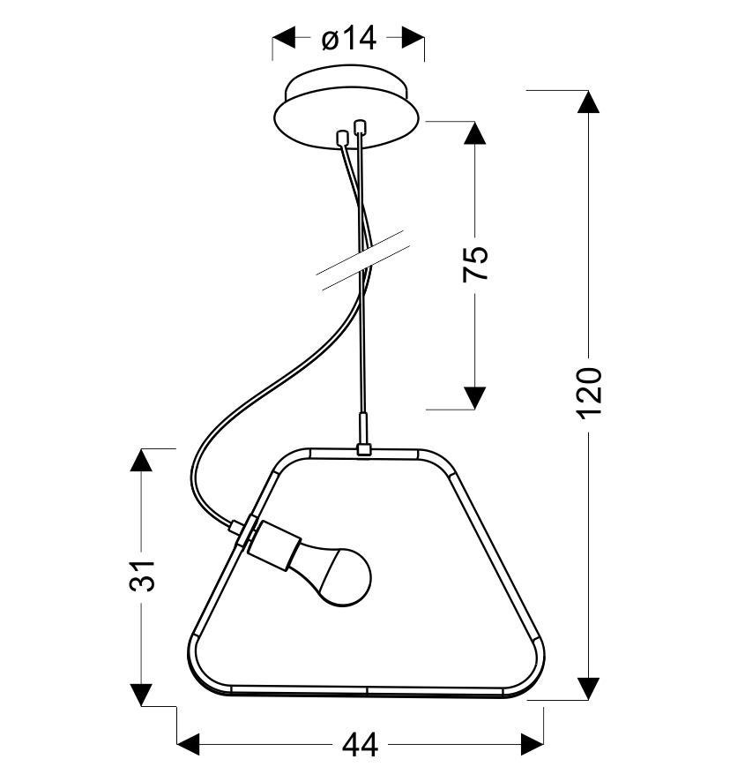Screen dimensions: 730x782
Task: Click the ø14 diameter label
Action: [349, 39]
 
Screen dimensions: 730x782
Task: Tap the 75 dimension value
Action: [475, 264]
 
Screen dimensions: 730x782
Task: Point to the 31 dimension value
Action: [143, 575]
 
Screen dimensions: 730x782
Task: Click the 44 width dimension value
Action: [361, 746]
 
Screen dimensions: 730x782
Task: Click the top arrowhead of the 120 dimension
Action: [588, 102]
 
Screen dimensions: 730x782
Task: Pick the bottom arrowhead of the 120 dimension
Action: [588, 688]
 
